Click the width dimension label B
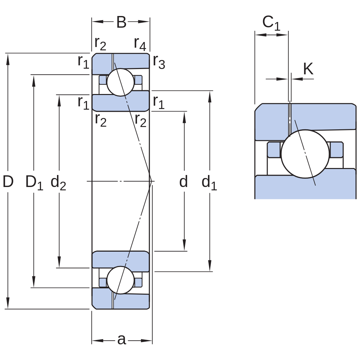[121, 22]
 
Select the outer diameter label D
[8, 181]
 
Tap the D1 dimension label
[34, 182]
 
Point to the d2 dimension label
[58, 182]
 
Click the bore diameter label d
[183, 181]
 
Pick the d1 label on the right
[209, 182]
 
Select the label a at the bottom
[122, 339]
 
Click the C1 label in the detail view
[271, 23]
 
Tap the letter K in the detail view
[308, 69]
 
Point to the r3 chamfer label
[159, 62]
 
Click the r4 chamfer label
[140, 44]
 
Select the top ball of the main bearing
[121, 82]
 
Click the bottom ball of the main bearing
[121, 280]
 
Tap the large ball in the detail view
[305, 154]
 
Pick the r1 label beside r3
[159, 102]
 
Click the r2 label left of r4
[100, 44]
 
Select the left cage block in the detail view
[274, 150]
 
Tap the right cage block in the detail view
[336, 150]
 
